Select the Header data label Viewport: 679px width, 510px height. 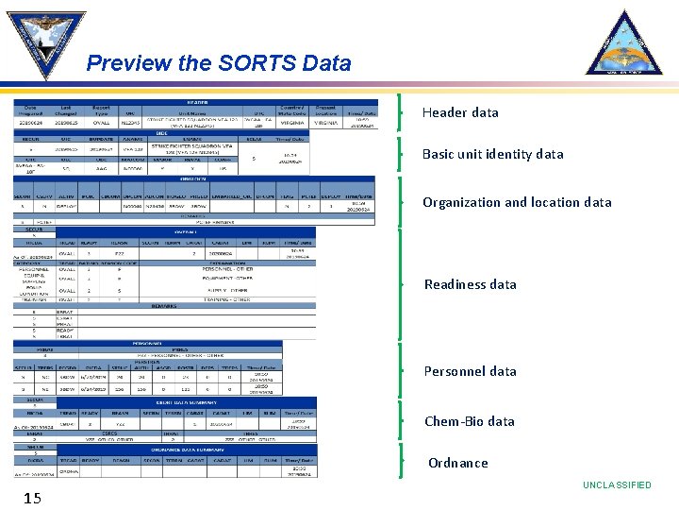coord(460,112)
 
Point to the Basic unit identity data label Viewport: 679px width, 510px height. coord(492,154)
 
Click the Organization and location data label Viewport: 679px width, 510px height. coord(516,202)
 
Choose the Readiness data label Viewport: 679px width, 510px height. coord(470,284)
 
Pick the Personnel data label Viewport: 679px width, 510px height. coord(470,371)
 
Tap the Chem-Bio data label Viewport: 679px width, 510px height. coord(469,421)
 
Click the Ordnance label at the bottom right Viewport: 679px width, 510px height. coord(457,463)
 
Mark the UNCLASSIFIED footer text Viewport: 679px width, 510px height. coord(616,485)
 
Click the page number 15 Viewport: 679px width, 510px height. coord(32,497)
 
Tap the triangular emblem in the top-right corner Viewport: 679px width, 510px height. coord(624,44)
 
